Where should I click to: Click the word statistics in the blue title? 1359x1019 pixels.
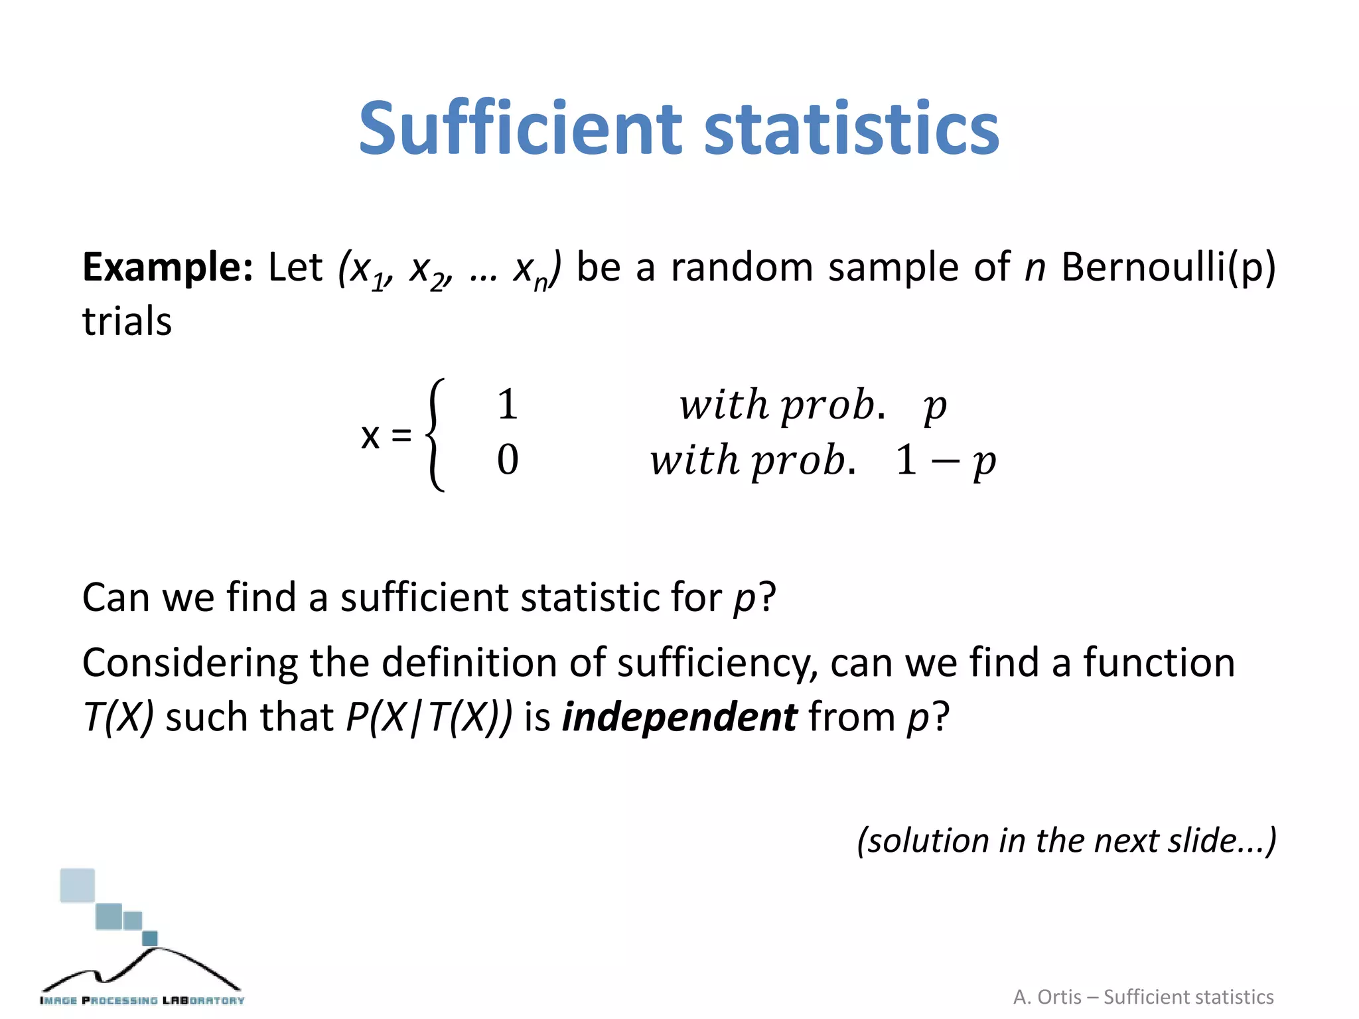coord(851,127)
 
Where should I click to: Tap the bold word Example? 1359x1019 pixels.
coord(167,267)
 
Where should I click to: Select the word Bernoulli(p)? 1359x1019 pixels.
coord(1168,267)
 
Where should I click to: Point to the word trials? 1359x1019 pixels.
coord(127,322)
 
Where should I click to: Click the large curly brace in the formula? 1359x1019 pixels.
coord(435,435)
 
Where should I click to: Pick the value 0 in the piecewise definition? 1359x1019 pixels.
coord(508,459)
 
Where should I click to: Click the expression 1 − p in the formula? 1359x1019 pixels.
coord(945,460)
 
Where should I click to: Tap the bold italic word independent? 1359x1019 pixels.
coord(679,717)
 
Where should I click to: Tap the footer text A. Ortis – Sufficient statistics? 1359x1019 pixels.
coord(1143,997)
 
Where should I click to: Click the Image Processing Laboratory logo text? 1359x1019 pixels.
coord(142,1000)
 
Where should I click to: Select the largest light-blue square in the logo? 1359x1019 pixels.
coord(78,886)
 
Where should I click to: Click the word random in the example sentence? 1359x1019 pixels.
coord(742,267)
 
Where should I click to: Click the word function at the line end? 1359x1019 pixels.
coord(1159,663)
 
